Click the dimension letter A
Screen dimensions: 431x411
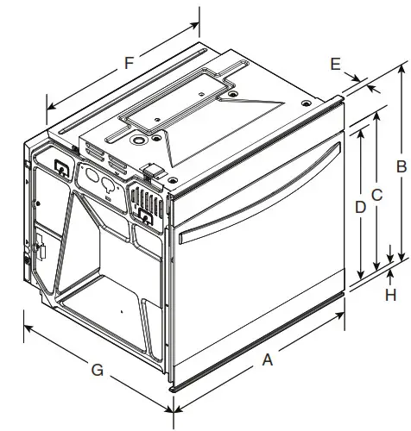(x=267, y=361)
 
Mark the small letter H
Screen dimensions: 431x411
(x=391, y=295)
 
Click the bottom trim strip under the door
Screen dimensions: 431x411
(x=259, y=343)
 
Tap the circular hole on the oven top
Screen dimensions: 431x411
(x=137, y=138)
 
